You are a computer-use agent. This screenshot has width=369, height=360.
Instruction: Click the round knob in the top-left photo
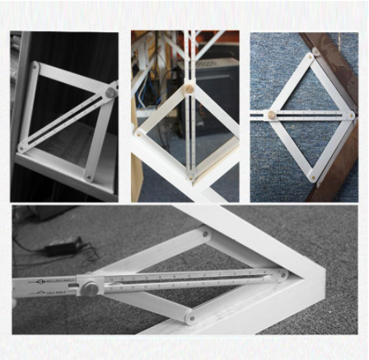pyautogui.click(x=110, y=94)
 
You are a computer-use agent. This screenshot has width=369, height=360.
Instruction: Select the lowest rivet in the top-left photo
pyautogui.click(x=89, y=175)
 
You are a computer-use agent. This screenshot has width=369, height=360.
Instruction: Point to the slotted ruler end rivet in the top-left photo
pyautogui.click(x=22, y=148)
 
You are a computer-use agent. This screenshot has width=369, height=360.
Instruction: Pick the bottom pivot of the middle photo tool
pyautogui.click(x=190, y=175)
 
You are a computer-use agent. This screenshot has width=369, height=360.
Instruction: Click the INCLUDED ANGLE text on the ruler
pyautogui.click(x=53, y=279)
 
